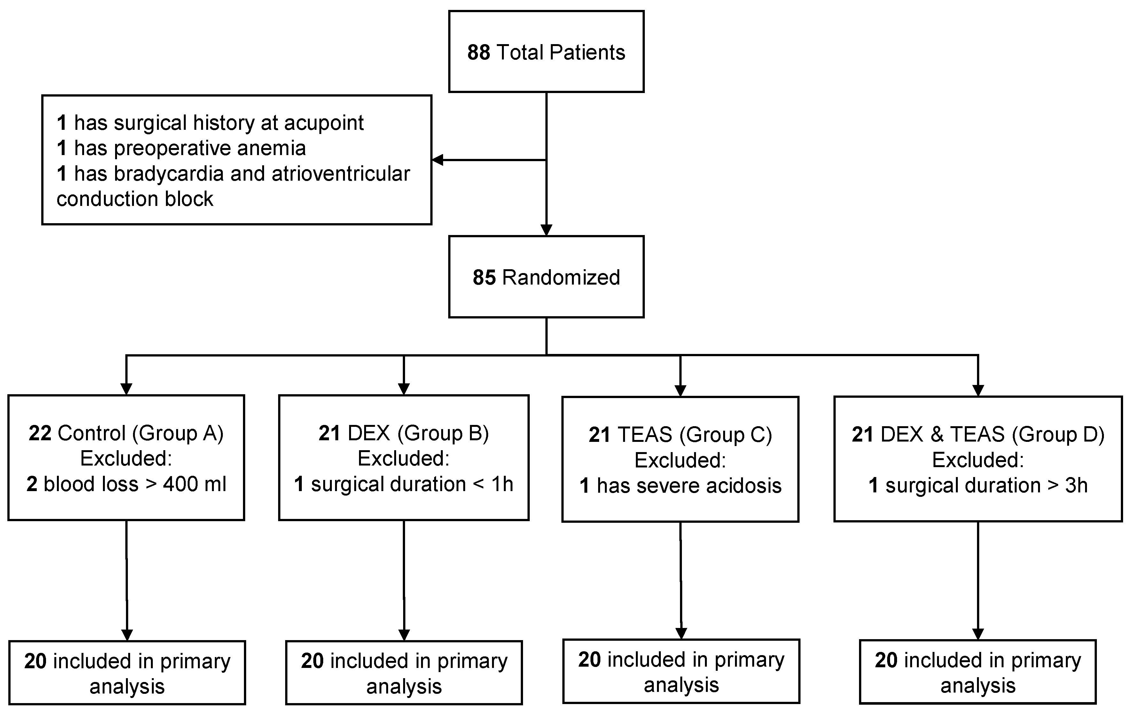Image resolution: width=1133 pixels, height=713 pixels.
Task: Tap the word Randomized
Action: pos(561,278)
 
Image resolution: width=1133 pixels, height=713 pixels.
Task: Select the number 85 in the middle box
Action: pos(484,278)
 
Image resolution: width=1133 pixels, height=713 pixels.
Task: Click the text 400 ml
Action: pos(194,484)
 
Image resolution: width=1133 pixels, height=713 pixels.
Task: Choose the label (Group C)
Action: pos(725,435)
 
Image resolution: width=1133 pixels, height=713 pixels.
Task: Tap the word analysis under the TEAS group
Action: pos(681,685)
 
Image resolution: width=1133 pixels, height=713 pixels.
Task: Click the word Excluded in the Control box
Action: pos(126,458)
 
